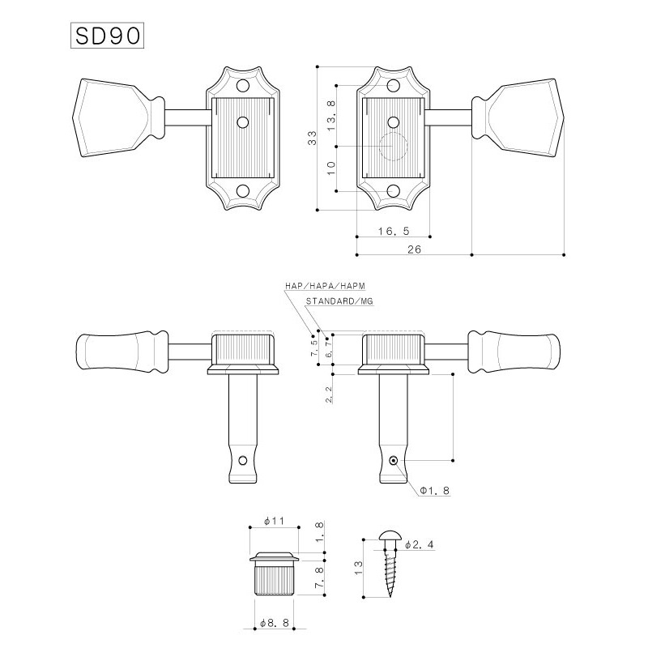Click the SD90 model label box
[x=107, y=36]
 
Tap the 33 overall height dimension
[x=313, y=137]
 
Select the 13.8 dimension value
[x=331, y=116]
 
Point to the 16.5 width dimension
[x=394, y=231]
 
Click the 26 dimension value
[x=414, y=249]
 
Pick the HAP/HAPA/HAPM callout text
[x=326, y=286]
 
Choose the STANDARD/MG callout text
[x=339, y=301]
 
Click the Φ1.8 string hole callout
[x=434, y=491]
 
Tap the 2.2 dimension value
[x=330, y=394]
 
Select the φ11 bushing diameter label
[x=275, y=521]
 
